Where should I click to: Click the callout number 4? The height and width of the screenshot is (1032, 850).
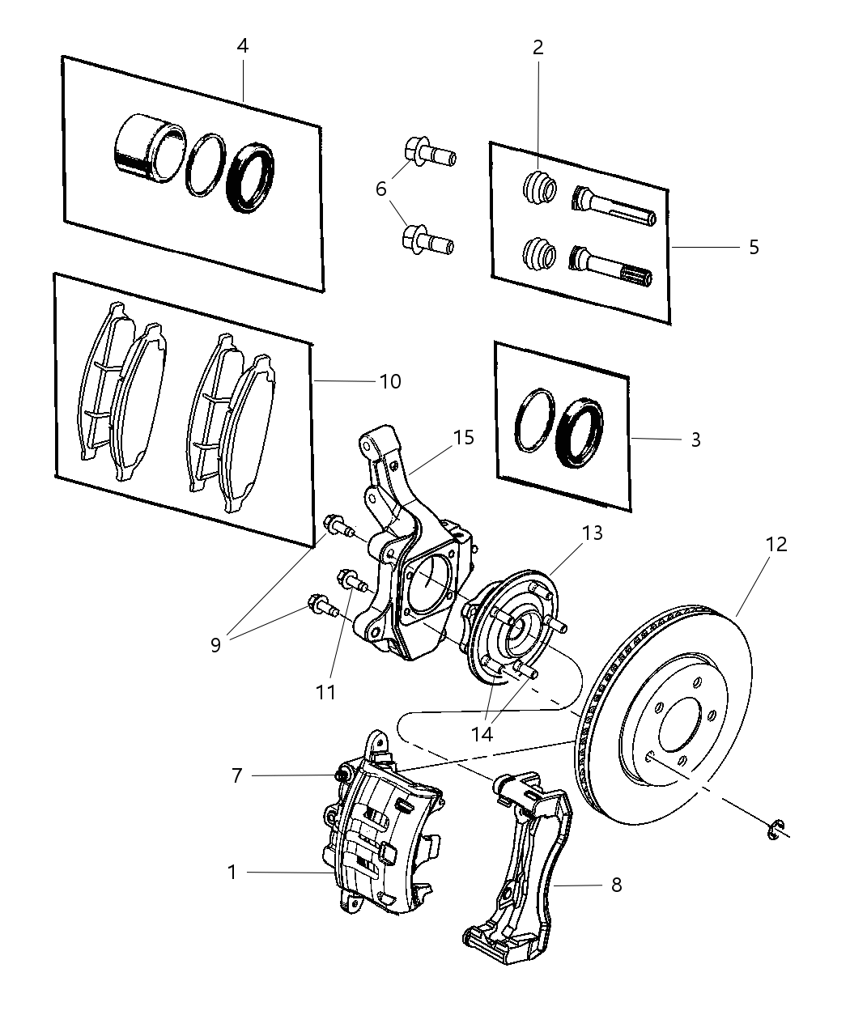(242, 46)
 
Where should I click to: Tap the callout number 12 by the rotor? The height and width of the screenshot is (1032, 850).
(775, 545)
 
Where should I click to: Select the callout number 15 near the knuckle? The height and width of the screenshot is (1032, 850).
(463, 438)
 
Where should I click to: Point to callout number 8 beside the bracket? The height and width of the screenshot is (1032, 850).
(616, 885)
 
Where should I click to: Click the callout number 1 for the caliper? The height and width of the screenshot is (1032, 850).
(232, 873)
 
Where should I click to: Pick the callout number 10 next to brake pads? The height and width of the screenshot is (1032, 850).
(389, 380)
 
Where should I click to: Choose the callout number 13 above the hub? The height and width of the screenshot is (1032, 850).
(592, 533)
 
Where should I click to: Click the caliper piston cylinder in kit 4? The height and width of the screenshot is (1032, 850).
(147, 147)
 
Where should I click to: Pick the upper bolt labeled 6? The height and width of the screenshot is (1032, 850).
(427, 153)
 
